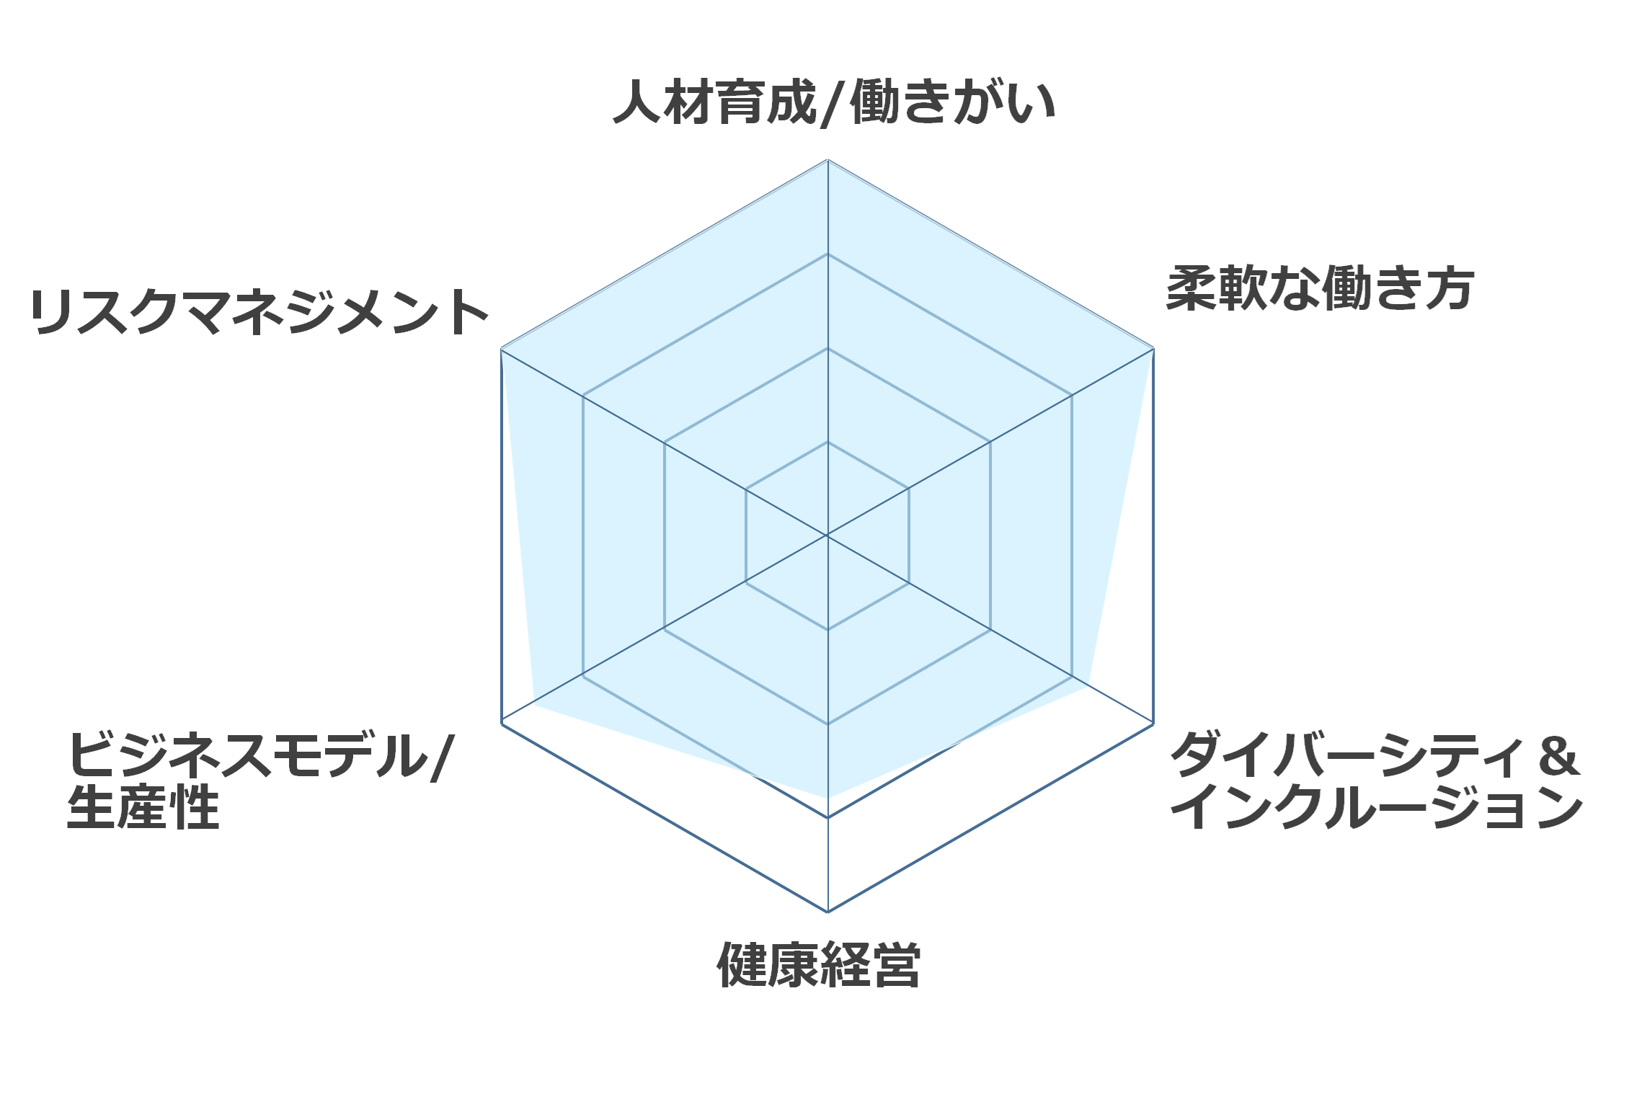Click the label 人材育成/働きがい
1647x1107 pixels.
[x=834, y=102]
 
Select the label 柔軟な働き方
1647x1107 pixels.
[x=1320, y=288]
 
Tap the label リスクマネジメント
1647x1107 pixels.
[x=259, y=311]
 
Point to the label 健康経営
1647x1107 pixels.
[x=819, y=964]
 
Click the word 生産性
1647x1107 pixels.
[x=143, y=807]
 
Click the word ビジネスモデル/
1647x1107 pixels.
[x=260, y=755]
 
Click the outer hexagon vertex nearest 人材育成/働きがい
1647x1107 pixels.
[x=827, y=160]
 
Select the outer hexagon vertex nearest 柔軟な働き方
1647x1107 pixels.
[x=1154, y=349]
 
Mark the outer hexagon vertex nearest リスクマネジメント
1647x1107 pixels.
[x=501, y=349]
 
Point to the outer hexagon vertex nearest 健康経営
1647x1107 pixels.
[x=827, y=912]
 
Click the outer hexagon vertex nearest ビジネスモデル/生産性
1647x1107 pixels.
[x=501, y=724]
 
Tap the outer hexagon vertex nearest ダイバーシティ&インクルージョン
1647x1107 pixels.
[x=1154, y=724]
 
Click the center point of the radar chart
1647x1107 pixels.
[x=827, y=535]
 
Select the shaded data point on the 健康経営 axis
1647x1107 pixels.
[x=827, y=798]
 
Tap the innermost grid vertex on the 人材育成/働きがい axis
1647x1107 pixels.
[x=827, y=442]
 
